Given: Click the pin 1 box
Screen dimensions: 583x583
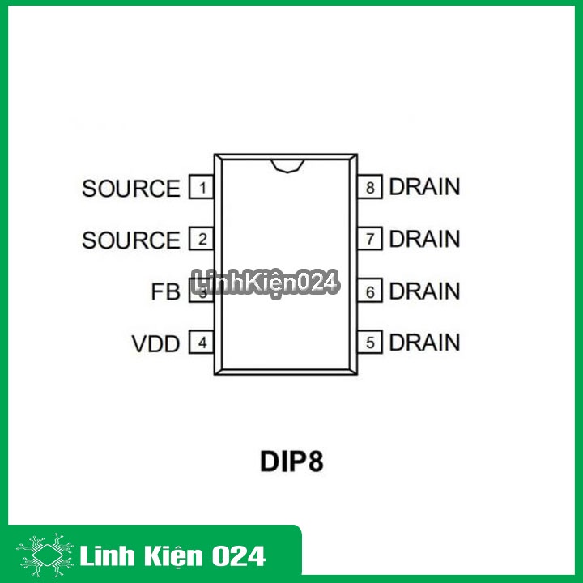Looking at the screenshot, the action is click(202, 188).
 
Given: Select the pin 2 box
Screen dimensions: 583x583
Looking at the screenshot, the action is click(202, 240).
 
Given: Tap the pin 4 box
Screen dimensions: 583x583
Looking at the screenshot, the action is click(202, 343).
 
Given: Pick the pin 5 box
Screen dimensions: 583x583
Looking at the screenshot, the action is click(371, 343).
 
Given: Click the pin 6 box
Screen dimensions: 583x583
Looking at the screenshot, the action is click(371, 291).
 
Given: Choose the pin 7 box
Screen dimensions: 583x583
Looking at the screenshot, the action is click(371, 240).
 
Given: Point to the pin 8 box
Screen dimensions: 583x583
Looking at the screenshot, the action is click(371, 188).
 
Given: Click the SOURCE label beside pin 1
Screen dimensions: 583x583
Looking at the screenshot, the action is click(131, 189).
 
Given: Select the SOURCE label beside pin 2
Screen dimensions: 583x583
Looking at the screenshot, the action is click(131, 240).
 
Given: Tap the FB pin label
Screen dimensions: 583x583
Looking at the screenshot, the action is click(165, 292).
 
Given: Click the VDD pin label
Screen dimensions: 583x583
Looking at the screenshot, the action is click(155, 344).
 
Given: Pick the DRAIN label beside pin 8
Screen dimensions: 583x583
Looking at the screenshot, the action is click(424, 187).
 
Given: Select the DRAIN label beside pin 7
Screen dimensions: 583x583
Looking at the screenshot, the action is click(424, 239).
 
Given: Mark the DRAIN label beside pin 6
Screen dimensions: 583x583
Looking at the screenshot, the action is click(424, 291).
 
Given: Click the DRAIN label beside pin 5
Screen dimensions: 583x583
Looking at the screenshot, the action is click(424, 343).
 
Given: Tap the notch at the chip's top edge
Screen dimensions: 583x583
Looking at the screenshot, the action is click(287, 165).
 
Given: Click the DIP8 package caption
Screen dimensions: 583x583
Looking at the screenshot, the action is click(291, 462).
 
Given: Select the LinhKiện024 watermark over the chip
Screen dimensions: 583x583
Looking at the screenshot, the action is click(265, 283).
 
